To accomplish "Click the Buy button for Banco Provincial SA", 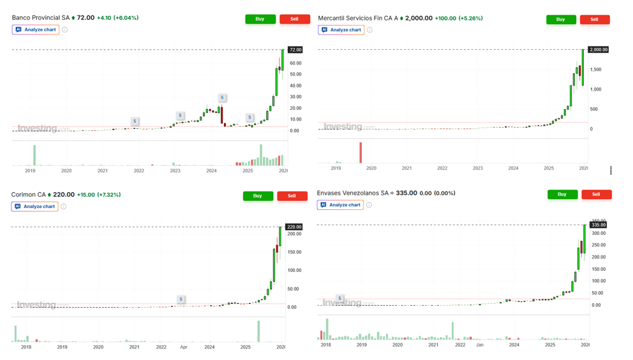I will tap(260, 19).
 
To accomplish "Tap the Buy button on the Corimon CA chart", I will tap(258, 196).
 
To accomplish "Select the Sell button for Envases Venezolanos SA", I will tap(596, 194).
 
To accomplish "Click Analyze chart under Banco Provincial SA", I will tap(36, 29).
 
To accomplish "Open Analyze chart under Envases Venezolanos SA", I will tap(341, 205).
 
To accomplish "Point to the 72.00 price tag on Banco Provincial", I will tap(295, 50).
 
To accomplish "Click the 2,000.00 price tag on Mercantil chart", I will tap(599, 50).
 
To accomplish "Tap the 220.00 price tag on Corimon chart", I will tap(294, 227).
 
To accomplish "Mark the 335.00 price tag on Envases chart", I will tap(599, 225).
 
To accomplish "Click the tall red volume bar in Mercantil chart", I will tap(361, 153).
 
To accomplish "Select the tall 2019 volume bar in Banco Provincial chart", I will tap(34, 155).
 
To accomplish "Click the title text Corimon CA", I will tap(29, 195).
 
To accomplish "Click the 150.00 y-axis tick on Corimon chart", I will tap(294, 252).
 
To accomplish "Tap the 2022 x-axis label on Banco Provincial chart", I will tap(138, 171).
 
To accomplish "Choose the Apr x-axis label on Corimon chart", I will tap(184, 347).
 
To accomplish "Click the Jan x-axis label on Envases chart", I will tap(480, 345).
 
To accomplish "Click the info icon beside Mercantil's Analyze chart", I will tap(370, 29).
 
